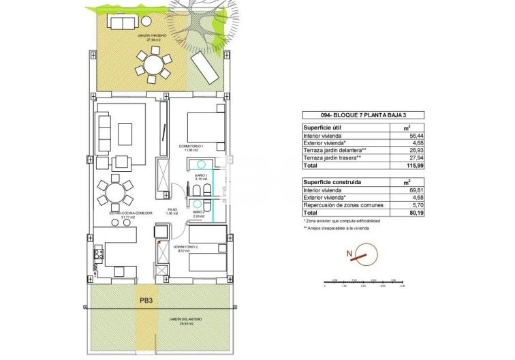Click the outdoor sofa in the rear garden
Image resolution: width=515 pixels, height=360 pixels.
[125, 22]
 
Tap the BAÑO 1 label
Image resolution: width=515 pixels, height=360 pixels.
[200, 176]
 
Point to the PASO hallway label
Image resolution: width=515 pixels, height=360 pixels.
[173, 211]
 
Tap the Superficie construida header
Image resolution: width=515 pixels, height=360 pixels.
[333, 183]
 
